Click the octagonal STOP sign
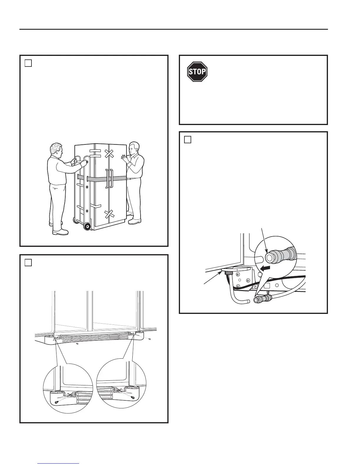point(197,71)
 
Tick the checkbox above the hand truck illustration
point(28,63)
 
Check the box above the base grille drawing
point(28,262)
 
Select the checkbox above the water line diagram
point(188,139)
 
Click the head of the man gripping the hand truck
point(56,150)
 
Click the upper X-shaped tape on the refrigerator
point(109,153)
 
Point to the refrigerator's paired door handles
point(109,178)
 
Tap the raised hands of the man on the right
point(124,159)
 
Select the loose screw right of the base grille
point(150,339)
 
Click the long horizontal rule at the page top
point(174,29)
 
